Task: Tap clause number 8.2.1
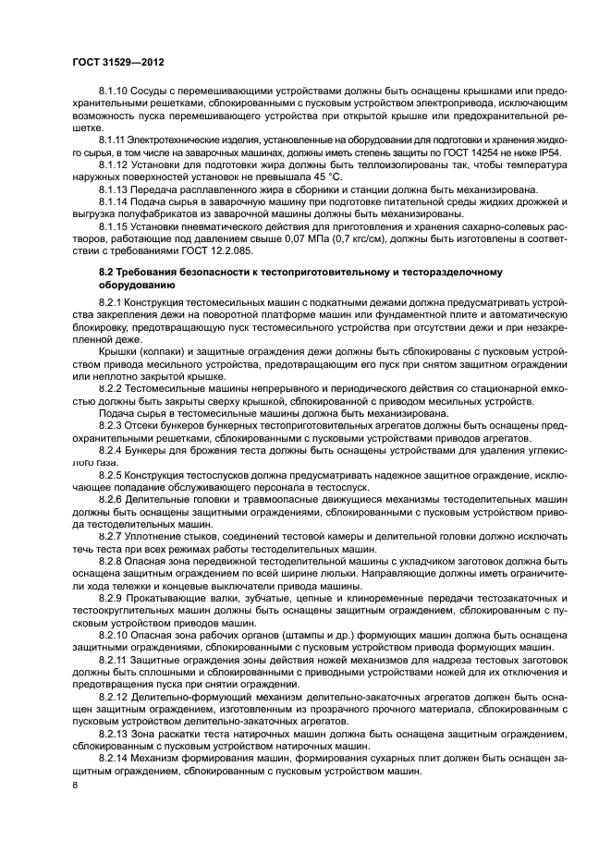[x=113, y=302]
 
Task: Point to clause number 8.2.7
[x=113, y=535]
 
